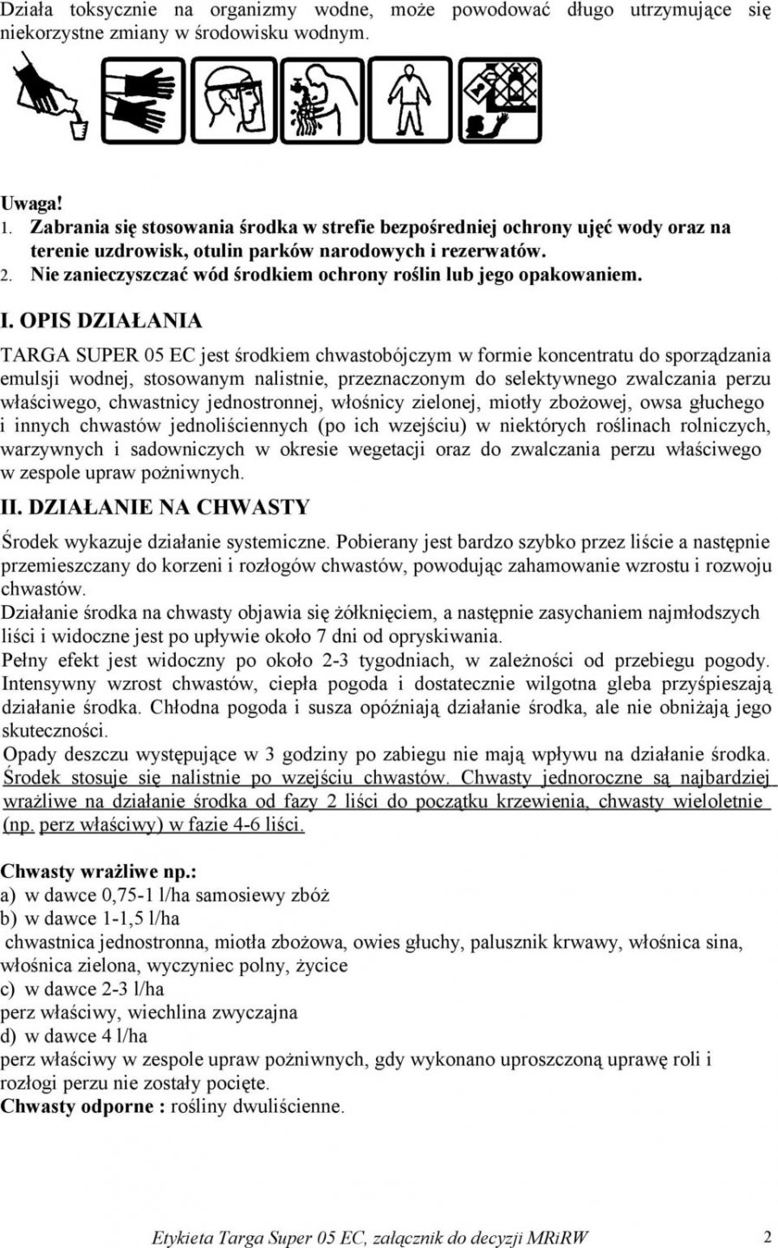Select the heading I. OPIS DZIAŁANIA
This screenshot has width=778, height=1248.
[102, 320]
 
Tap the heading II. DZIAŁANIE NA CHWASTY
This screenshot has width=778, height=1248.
[157, 506]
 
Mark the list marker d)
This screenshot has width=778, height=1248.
[10, 1036]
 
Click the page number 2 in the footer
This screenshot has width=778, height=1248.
[768, 1235]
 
